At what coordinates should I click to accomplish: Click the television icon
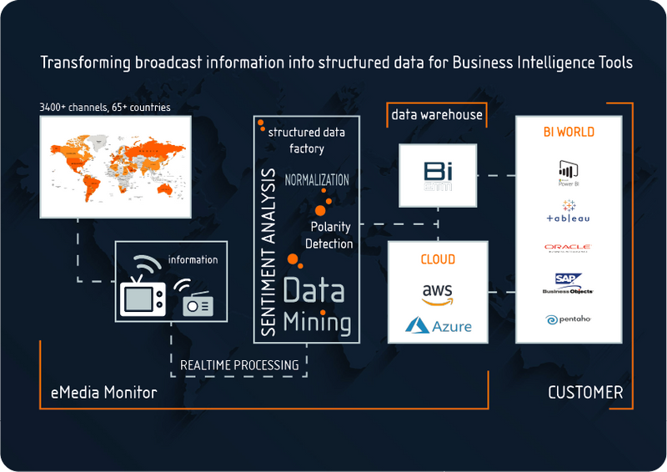(139, 294)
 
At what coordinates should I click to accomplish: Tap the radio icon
(198, 302)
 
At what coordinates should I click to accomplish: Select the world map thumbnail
(116, 167)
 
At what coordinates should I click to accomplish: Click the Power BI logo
(569, 173)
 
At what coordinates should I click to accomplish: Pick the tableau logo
(569, 212)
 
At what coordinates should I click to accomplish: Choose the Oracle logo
(568, 248)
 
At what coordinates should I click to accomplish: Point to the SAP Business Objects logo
(568, 284)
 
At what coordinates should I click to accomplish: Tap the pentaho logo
(568, 319)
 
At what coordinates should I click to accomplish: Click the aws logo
(437, 294)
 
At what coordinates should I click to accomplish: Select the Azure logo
(438, 325)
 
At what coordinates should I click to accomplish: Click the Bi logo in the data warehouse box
(438, 175)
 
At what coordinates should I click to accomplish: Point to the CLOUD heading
(438, 259)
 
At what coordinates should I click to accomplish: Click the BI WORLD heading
(568, 132)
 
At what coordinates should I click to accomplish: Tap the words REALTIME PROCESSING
(239, 364)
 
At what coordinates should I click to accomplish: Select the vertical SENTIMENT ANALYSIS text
(268, 253)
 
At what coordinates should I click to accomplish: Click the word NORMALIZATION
(317, 180)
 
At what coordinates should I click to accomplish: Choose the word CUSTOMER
(585, 392)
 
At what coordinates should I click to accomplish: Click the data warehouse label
(437, 114)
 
